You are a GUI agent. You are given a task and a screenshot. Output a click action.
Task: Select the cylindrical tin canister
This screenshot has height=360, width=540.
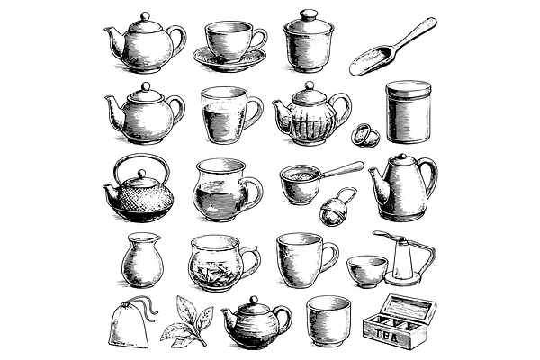click(408, 112)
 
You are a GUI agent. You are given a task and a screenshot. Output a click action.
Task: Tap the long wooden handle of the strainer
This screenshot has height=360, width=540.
click(343, 170)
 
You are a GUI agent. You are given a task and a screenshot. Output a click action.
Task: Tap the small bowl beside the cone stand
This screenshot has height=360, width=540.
click(366, 271)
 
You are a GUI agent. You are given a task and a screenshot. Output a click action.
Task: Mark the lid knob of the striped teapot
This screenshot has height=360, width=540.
click(254, 300)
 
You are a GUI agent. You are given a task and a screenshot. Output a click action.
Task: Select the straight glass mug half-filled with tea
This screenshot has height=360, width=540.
click(229, 115)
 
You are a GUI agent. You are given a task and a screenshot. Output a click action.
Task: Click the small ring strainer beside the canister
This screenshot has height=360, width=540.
click(365, 135)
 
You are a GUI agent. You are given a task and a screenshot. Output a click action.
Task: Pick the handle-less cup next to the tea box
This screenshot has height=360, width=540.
click(328, 320)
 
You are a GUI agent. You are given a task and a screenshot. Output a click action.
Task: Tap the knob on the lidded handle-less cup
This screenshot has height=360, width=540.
click(308, 14)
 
